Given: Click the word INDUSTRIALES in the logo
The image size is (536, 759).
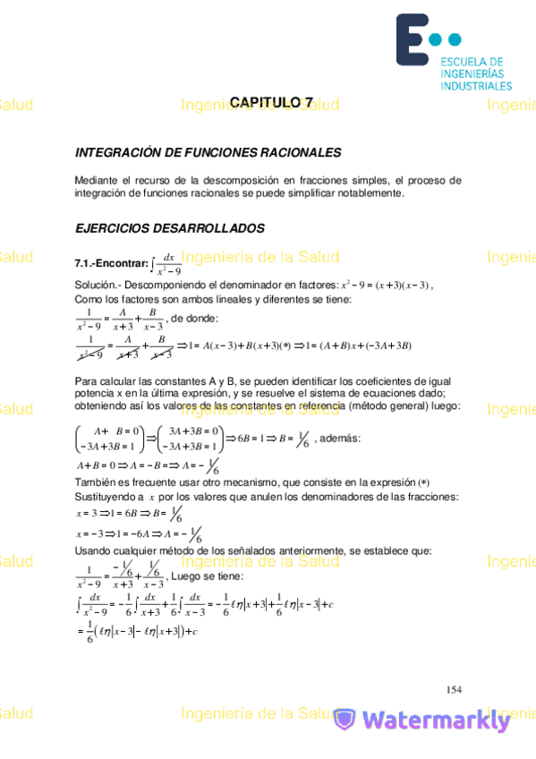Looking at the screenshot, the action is (476, 86).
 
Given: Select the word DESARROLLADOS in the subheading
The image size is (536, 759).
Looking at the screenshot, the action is (211, 228).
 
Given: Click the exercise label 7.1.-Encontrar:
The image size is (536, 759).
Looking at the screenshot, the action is (112, 264).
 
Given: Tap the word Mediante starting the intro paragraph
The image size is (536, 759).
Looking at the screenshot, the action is (96, 180).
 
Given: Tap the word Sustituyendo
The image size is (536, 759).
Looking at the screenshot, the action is (106, 496).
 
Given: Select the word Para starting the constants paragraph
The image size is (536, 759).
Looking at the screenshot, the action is (86, 381).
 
